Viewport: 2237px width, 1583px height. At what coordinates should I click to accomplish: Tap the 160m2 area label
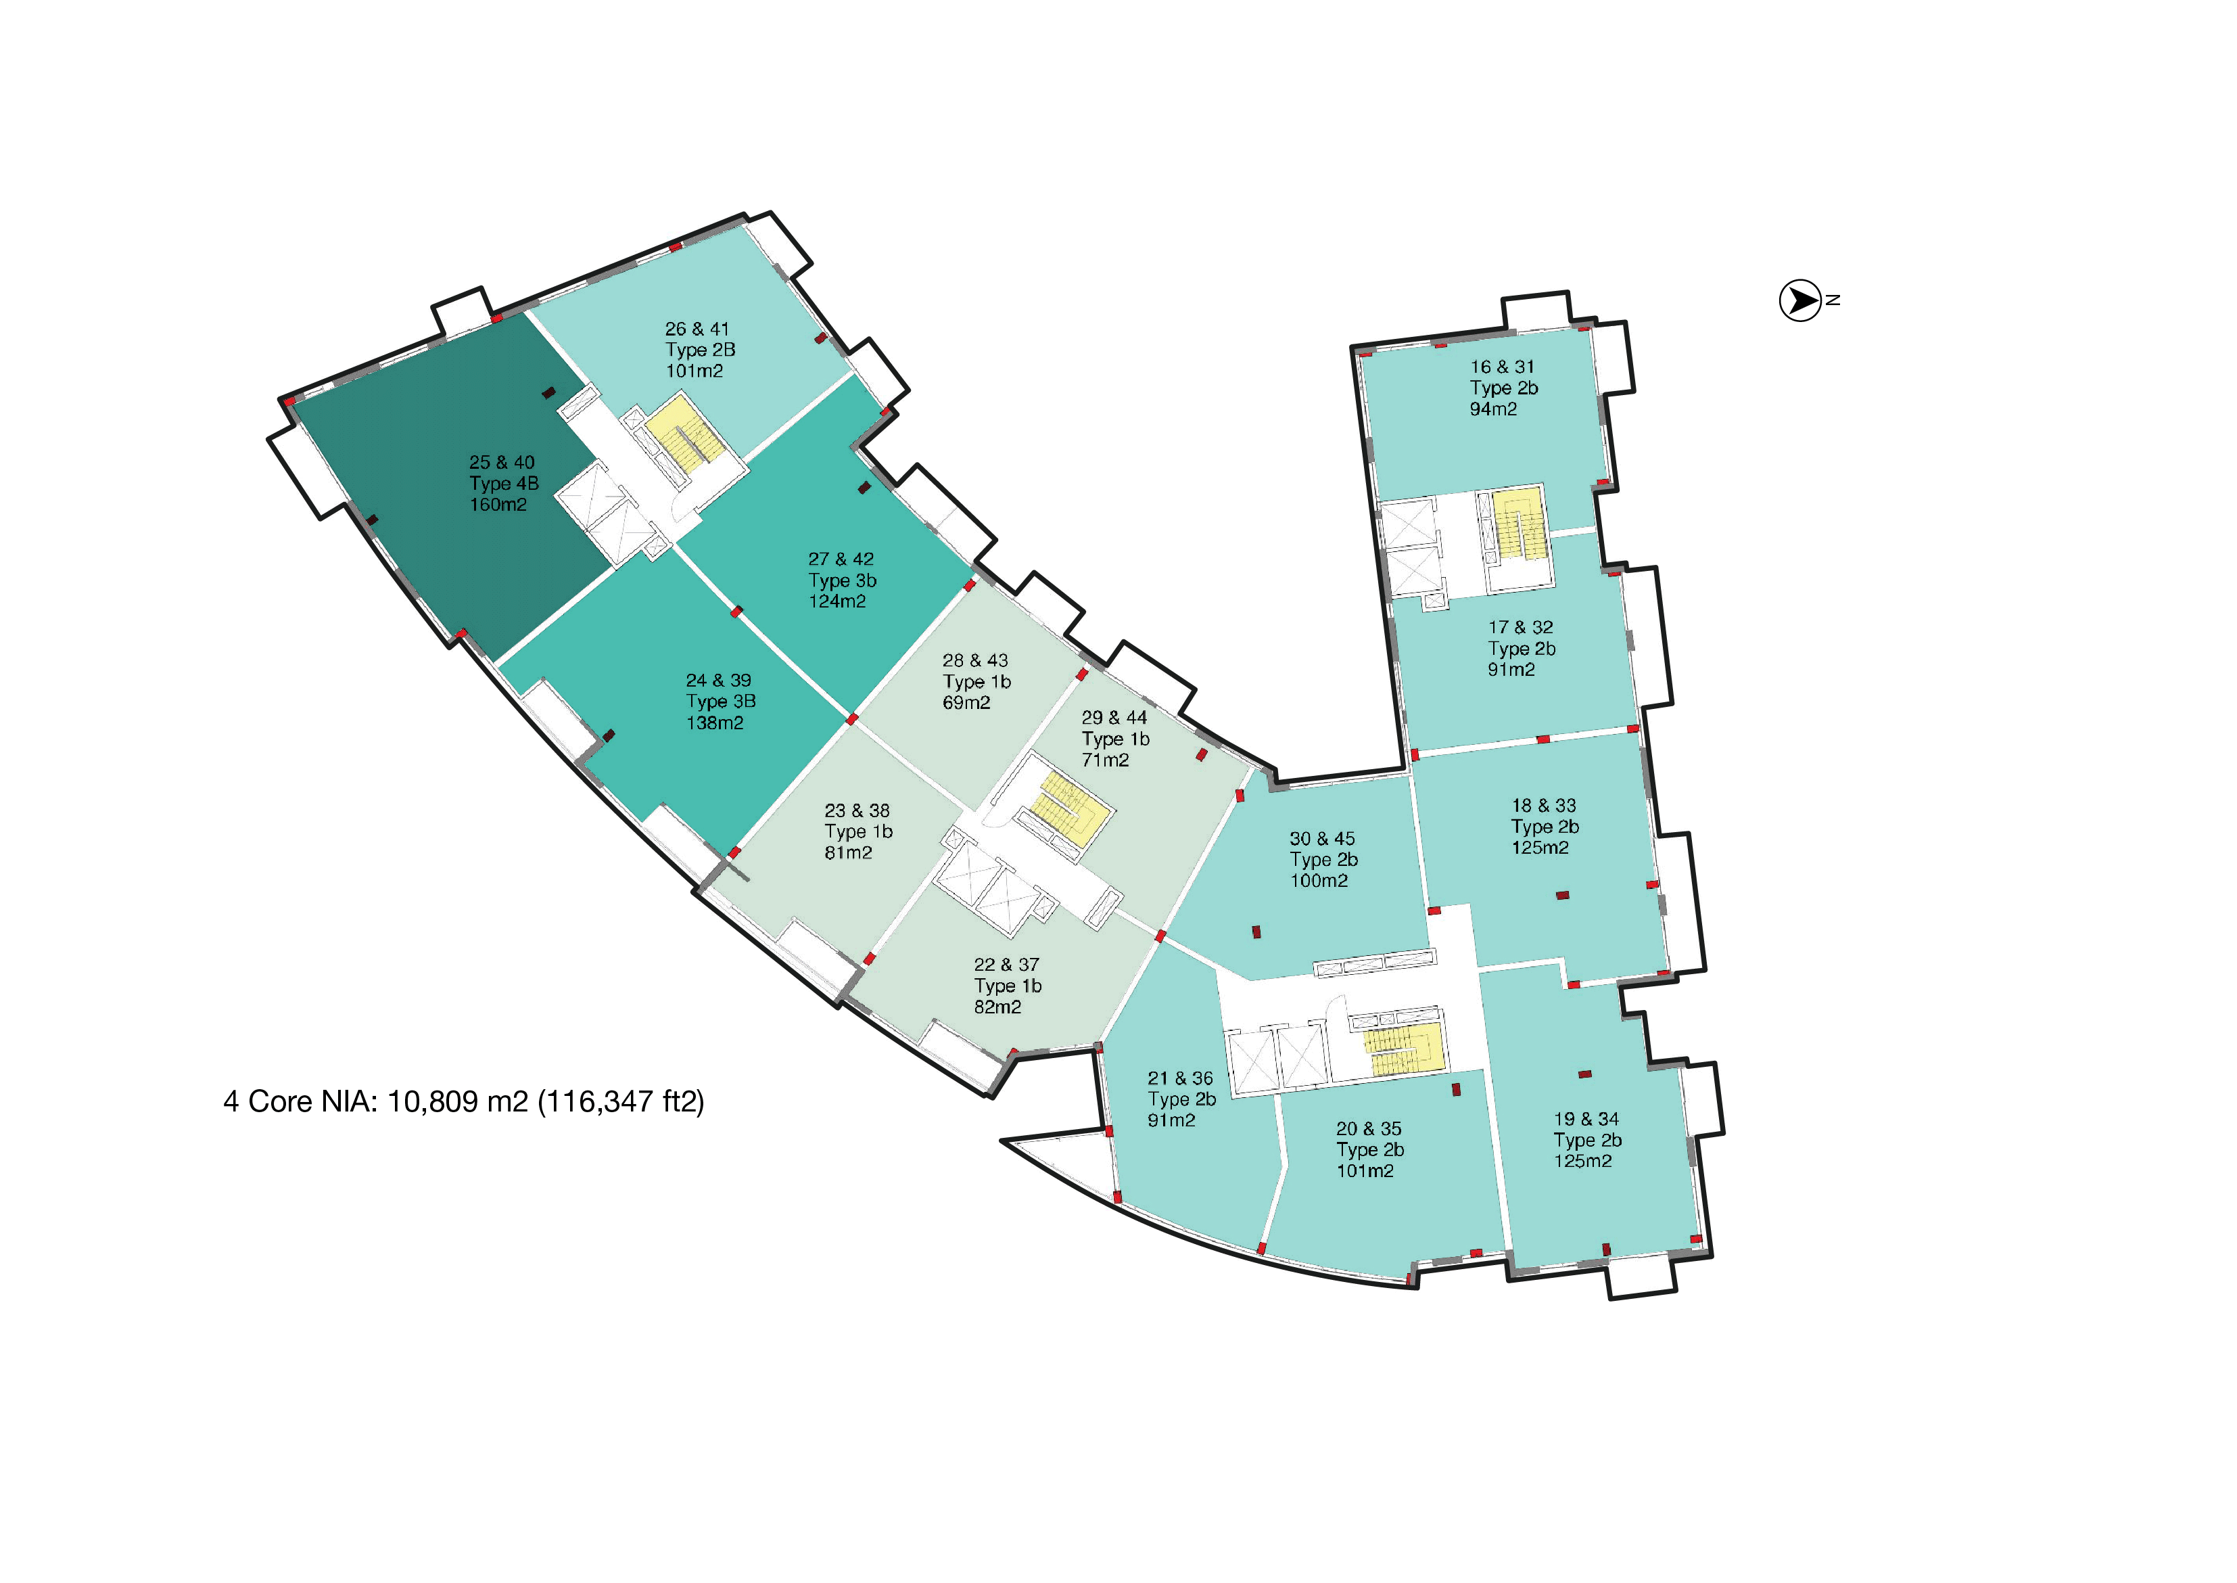click(498, 505)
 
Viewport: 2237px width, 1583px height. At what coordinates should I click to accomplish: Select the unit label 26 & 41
click(697, 329)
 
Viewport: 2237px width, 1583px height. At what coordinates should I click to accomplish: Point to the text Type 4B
click(504, 484)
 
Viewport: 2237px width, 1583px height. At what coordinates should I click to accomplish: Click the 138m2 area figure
click(714, 723)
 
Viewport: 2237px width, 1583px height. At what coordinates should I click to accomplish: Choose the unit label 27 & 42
click(841, 559)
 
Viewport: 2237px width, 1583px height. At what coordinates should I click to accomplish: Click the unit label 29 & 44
click(1114, 717)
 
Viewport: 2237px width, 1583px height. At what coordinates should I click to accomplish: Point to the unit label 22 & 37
click(1006, 965)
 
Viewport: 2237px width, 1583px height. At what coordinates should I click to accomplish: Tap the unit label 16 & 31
click(1503, 367)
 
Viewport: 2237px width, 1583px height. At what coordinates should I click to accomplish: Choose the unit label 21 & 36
click(1180, 1079)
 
